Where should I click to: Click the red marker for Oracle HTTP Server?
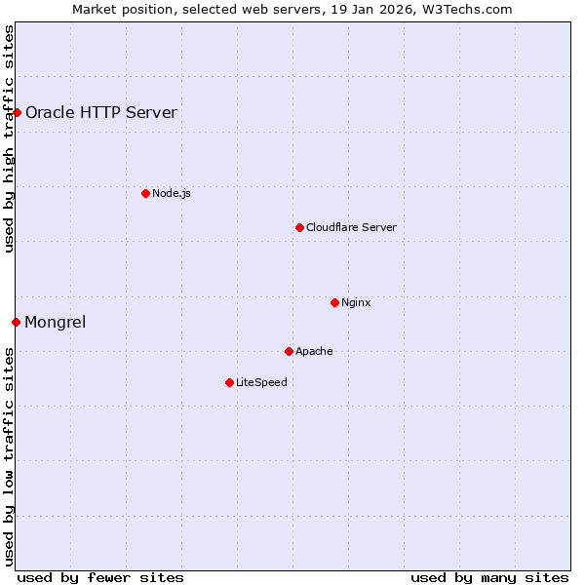coord(17,112)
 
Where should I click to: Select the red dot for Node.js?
coord(145,193)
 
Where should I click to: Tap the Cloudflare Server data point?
coord(299,227)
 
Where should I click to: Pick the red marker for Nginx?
coord(334,302)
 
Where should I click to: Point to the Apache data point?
coord(289,351)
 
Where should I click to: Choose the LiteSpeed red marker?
coord(229,382)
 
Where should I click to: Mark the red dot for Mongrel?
coord(16,322)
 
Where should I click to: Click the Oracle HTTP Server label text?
coord(101,112)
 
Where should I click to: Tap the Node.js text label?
coord(172,193)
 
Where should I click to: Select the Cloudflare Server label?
coord(351,227)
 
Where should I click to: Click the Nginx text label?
coord(356,302)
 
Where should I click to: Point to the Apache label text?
coord(314,351)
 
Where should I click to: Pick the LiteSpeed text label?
coord(261,382)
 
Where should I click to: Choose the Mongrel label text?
coord(56,322)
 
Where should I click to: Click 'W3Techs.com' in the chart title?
coord(473,9)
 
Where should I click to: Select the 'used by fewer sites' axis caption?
coord(100,577)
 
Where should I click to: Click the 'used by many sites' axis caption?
coord(489,577)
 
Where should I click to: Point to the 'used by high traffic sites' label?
coord(9,138)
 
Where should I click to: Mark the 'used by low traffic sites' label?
coord(9,455)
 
